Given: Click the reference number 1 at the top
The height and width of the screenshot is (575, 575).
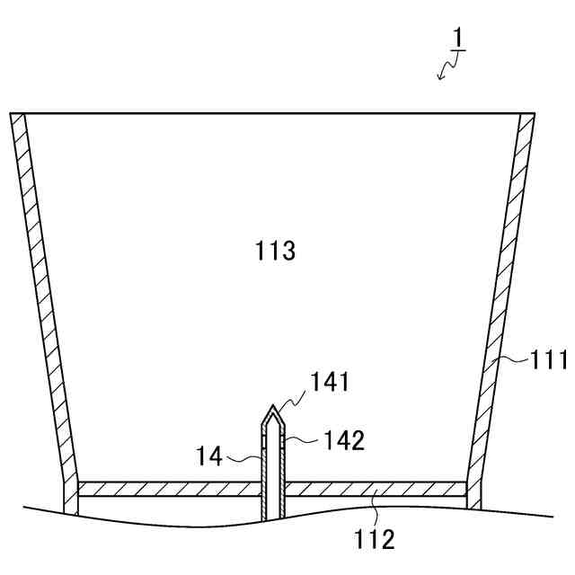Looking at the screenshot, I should coord(457,40).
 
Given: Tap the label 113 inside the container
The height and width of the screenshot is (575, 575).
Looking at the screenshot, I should coord(275,251).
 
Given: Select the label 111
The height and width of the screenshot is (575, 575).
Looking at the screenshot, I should coord(547,361).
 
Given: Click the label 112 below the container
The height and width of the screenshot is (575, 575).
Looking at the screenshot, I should coord(375,540).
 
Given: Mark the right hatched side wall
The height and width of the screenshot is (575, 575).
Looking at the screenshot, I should coord(501,305).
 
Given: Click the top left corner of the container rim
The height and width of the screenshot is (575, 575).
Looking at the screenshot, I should coord(12,113).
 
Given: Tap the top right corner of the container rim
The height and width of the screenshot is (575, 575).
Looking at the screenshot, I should coord(535,113).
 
